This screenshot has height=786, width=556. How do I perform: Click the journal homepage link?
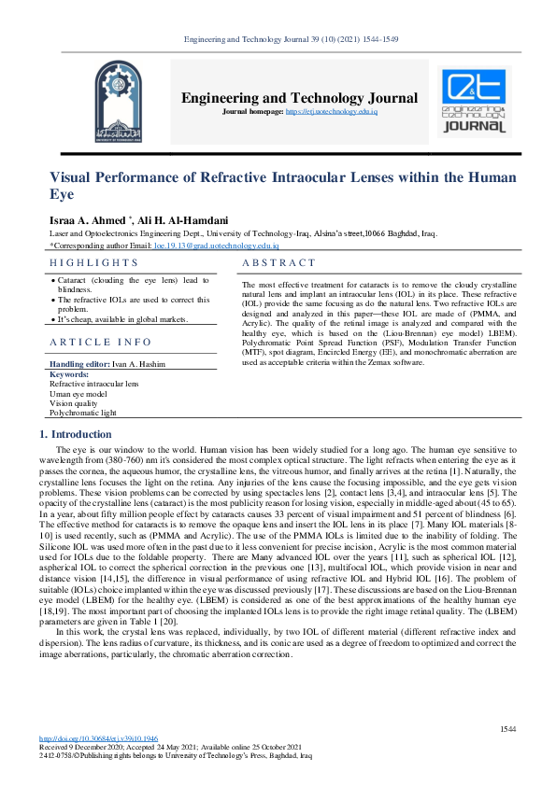click(x=344, y=112)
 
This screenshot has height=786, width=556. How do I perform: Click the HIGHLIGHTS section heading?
click(x=93, y=264)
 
